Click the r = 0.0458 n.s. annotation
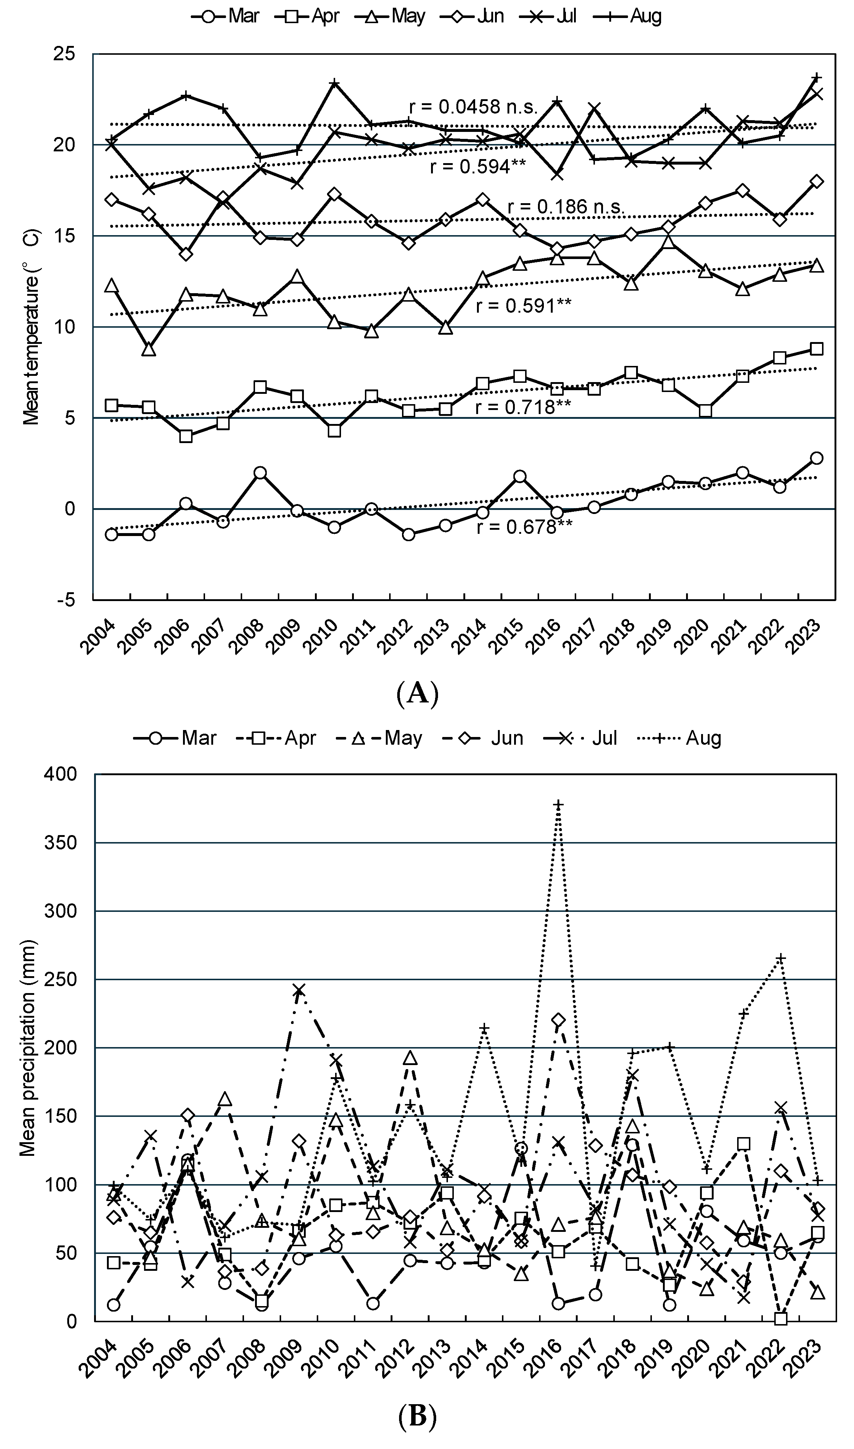point(473,107)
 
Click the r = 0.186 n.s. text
point(566,207)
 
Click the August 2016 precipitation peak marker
point(557,805)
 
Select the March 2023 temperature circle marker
point(816,458)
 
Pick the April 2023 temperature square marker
point(816,349)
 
